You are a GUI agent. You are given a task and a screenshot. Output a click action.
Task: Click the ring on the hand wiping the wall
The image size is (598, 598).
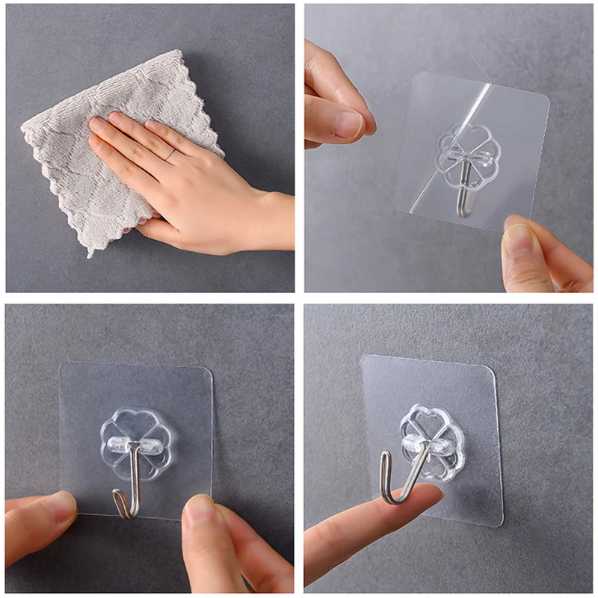pyautogui.click(x=171, y=155)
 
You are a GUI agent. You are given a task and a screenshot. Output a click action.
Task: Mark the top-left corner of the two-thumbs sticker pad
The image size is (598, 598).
pyautogui.click(x=62, y=366)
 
